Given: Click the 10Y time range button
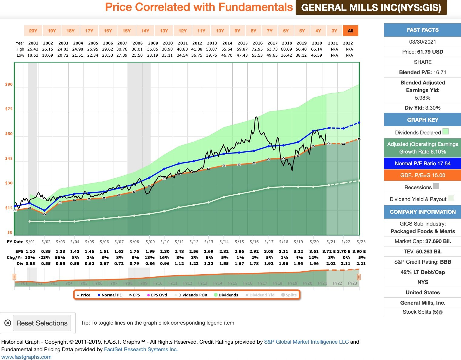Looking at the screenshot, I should coord(220,31).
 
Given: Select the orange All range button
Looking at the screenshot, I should coord(350,31).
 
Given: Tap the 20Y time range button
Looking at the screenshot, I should coord(33,31).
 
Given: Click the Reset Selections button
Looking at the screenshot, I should coord(42,323).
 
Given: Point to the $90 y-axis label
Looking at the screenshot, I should coord(9,84).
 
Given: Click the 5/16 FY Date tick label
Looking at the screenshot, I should coord(254,242).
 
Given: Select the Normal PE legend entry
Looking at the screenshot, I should coord(110,295).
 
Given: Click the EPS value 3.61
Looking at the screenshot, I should coord(314,251).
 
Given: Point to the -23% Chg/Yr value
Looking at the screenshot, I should coord(46,257).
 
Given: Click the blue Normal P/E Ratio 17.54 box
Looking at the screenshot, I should coord(423,163).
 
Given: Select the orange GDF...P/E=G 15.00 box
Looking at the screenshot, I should coord(423,175).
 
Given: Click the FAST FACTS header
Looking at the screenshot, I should coord(423,30).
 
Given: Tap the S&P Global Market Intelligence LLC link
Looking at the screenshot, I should coord(306,342).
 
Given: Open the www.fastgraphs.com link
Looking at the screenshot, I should coord(26,357).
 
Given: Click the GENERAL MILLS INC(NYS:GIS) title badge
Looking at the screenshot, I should coord(371,8).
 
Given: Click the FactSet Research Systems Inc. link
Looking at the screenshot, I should coord(141,349).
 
